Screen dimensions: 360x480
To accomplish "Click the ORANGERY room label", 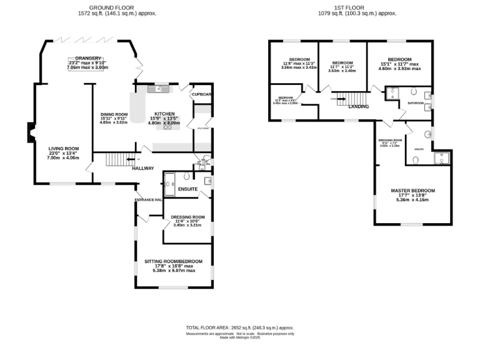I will (87, 58).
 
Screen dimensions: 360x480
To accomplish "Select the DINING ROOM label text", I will (114, 114).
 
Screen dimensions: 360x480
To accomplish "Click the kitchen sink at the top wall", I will (159, 89).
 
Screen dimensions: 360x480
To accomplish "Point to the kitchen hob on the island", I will (167, 127).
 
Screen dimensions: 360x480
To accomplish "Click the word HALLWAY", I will (142, 168).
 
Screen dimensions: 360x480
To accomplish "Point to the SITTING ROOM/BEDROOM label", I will (174, 261).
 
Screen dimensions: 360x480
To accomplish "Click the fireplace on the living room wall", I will (30, 133).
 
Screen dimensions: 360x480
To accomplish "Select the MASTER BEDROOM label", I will (412, 191).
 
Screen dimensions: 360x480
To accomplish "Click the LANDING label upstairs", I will (358, 107).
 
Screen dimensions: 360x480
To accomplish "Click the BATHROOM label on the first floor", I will (416, 102).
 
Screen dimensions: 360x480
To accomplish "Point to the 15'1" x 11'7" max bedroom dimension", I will (399, 64).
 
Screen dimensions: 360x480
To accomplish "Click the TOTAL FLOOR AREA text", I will (239, 327).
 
